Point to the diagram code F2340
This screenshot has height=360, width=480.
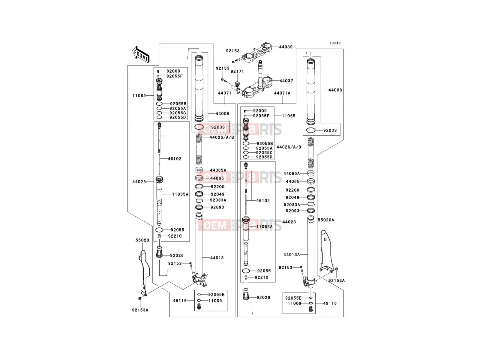click(335, 43)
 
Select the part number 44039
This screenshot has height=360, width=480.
click(286, 47)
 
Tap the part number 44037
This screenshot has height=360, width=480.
click(286, 81)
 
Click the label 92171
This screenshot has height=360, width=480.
click(237, 71)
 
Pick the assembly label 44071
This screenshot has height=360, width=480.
click(225, 93)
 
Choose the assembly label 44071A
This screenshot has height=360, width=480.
click(282, 93)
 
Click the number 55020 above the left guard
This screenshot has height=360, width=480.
click(142, 240)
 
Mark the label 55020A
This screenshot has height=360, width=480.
click(326, 220)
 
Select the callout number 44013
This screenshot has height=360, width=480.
click(217, 258)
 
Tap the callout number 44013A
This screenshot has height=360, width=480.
click(292, 255)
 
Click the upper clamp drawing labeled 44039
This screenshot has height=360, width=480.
click(256, 52)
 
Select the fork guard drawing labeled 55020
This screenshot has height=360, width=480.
click(144, 273)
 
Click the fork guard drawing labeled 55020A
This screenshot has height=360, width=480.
click(326, 251)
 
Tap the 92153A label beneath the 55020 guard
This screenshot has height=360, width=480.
click(140, 310)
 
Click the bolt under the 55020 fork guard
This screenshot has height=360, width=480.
click(139, 298)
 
